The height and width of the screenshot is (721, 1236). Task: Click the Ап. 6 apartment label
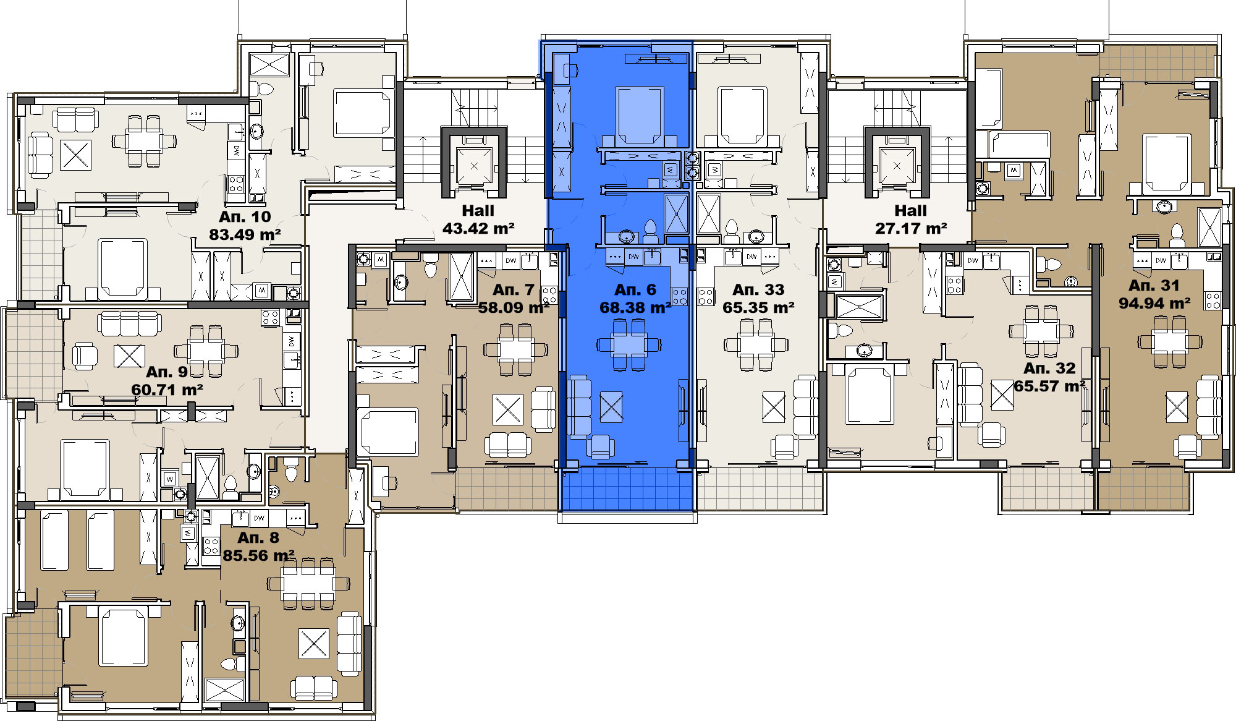[x=635, y=289]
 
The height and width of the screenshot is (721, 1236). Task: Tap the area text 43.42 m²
[x=478, y=229]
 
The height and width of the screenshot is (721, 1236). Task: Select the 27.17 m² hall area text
[x=911, y=229]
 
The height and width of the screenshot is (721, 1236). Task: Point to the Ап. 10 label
[x=245, y=216]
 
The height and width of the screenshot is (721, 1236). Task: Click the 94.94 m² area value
[x=1154, y=304]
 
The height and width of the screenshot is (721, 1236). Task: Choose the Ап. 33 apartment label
[x=758, y=289]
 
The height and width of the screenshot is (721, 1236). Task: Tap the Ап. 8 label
[x=258, y=537]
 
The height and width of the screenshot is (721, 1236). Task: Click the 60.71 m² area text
[x=167, y=390]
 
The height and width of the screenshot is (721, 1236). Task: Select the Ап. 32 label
[x=1049, y=368]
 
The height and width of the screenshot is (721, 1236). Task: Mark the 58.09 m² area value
[x=514, y=307]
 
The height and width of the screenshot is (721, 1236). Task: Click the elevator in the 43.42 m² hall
[x=474, y=166]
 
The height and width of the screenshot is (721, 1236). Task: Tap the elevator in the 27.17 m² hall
[x=897, y=166]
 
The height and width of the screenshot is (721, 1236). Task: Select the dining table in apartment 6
[x=629, y=345]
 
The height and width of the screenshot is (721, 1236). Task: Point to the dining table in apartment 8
[x=308, y=583]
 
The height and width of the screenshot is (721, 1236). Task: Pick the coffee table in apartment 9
[x=129, y=356]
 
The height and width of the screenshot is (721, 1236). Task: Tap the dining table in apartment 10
[x=143, y=141]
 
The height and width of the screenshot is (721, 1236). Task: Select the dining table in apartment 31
[x=1170, y=341]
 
